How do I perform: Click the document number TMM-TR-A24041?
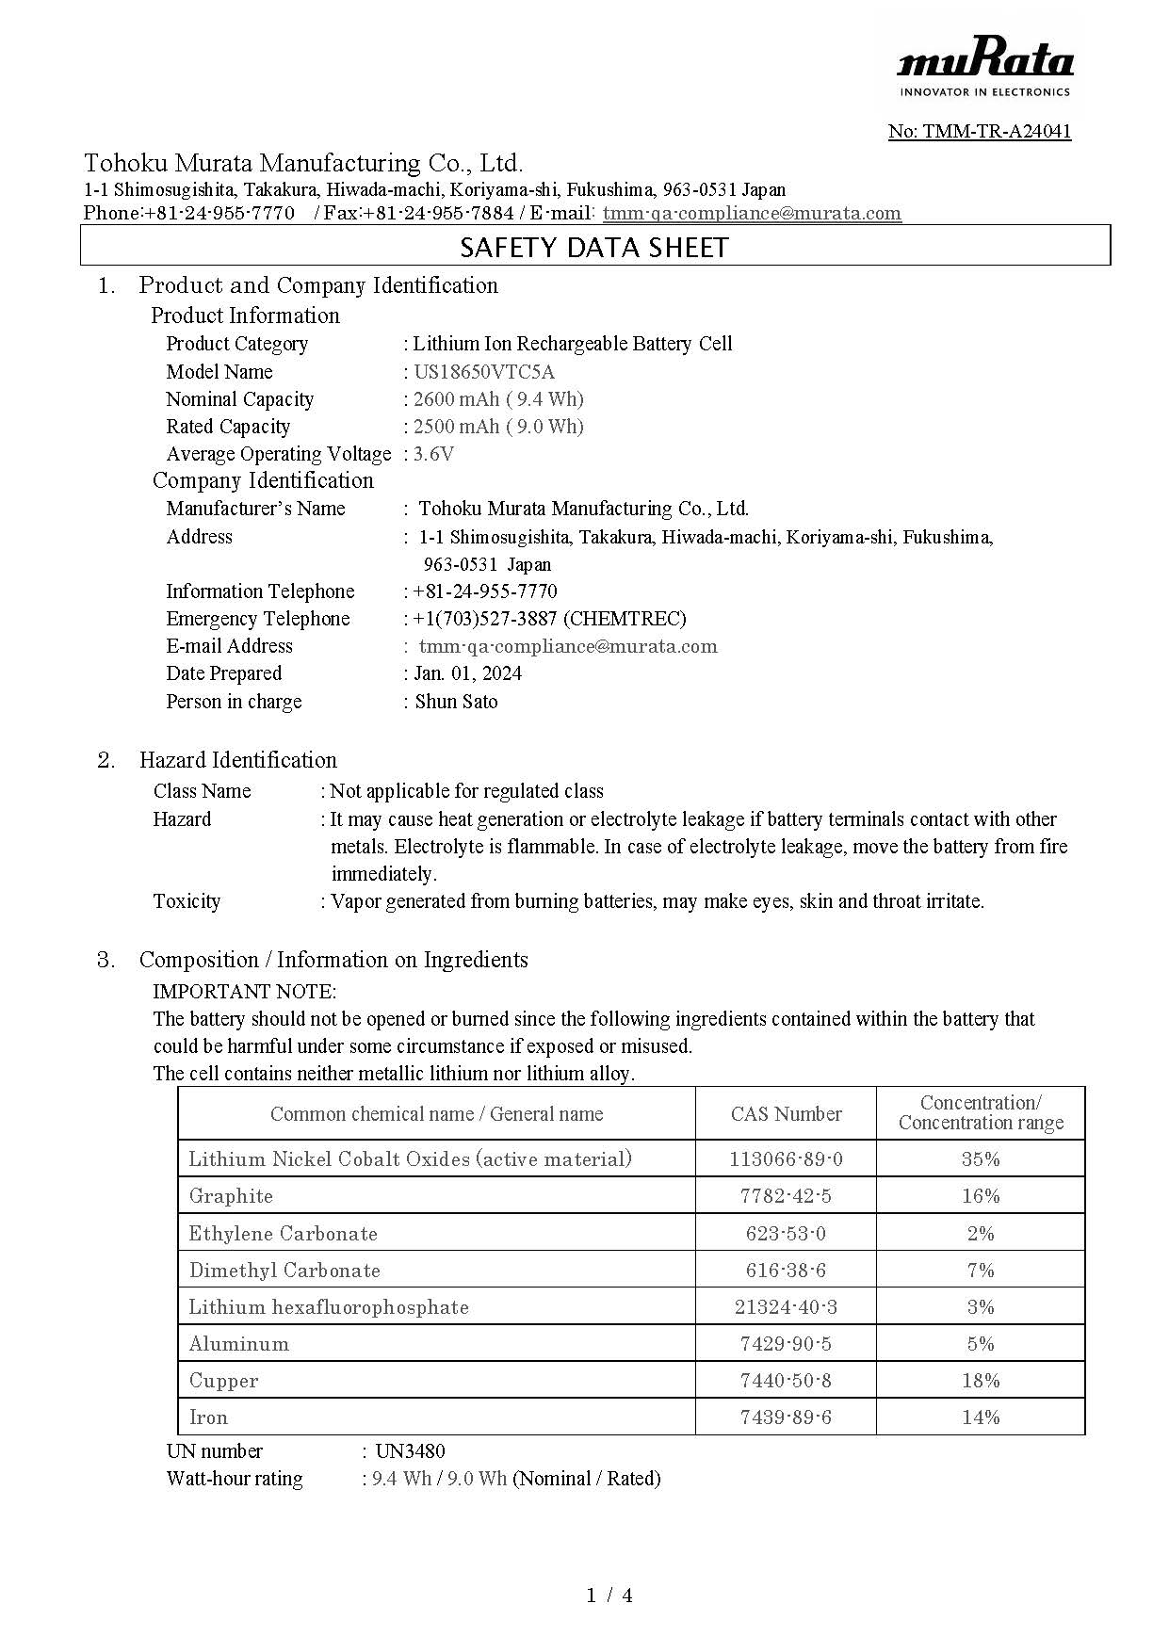click(x=980, y=131)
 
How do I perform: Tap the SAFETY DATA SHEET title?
click(x=594, y=248)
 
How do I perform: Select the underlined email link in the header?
click(x=752, y=213)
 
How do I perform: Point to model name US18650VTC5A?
click(x=484, y=371)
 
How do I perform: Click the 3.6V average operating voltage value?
click(x=433, y=454)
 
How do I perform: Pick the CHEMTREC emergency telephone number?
click(x=549, y=619)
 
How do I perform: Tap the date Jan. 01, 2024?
click(x=467, y=673)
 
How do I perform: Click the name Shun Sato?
click(x=456, y=702)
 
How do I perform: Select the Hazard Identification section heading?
click(x=237, y=760)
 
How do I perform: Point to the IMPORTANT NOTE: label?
click(x=244, y=992)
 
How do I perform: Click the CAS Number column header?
click(x=786, y=1114)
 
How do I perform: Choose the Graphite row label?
click(x=231, y=1196)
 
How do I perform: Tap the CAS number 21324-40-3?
click(x=786, y=1307)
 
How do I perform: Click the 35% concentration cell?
click(x=980, y=1159)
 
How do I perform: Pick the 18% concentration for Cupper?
click(x=980, y=1381)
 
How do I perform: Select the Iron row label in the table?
click(x=208, y=1417)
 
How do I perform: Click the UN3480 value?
click(x=410, y=1451)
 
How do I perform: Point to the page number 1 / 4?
click(x=609, y=1595)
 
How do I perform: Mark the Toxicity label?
click(x=187, y=901)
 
